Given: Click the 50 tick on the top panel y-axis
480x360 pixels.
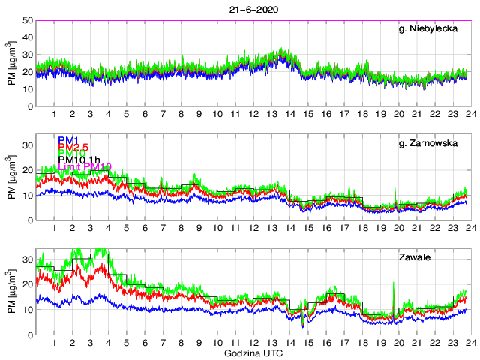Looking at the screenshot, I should tap(26, 20).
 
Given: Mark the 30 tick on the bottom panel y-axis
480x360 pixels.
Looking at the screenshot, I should tap(26, 259).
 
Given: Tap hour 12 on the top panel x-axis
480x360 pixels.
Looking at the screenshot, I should tap(253, 114).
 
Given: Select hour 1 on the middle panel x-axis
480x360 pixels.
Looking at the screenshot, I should tap(55, 228).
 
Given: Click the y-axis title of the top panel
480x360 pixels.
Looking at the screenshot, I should tap(12, 63).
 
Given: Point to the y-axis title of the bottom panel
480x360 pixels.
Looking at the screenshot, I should tap(12, 292).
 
